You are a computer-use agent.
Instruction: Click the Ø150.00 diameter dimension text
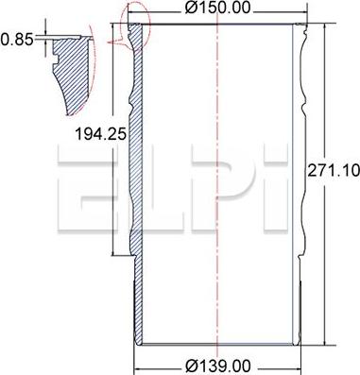point(218,8)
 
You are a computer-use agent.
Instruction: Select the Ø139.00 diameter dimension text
point(218,366)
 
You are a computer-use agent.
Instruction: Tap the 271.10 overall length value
point(334,170)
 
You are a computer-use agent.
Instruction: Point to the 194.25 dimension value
point(100,134)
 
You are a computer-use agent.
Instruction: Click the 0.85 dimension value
point(17,40)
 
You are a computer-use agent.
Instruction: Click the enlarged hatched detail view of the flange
point(72,74)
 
